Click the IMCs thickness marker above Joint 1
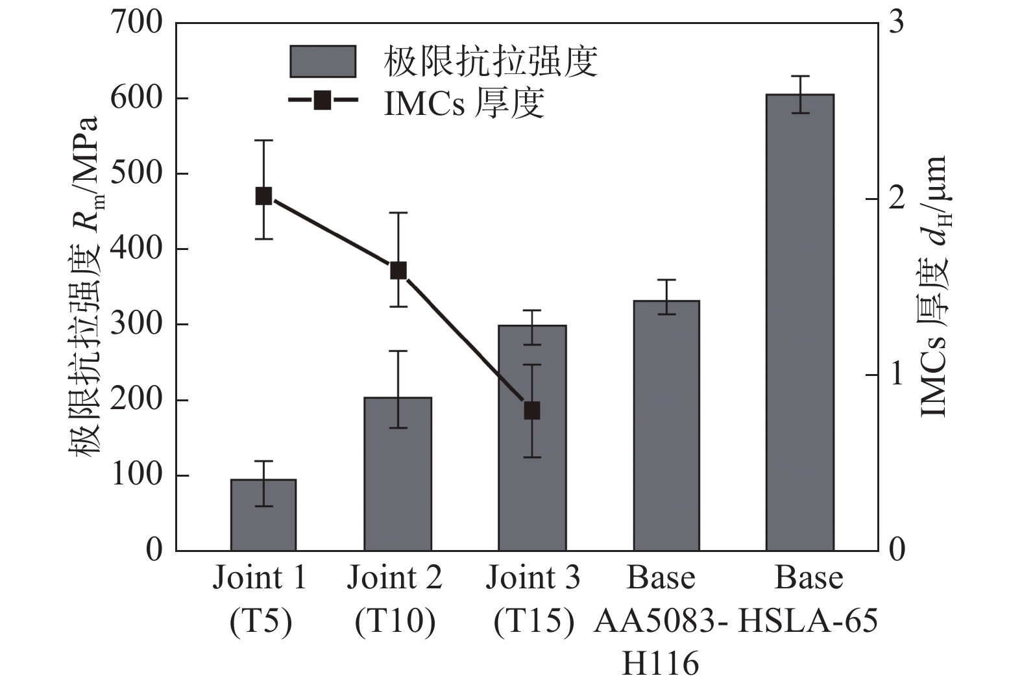tap(263, 195)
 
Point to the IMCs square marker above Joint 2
tap(398, 271)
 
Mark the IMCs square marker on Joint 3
tap(532, 410)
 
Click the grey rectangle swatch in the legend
tap(322, 62)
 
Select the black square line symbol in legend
tap(322, 101)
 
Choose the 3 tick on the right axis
tap(896, 23)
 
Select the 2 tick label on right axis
tap(896, 199)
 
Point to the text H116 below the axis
tap(660, 664)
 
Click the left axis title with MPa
tap(85, 286)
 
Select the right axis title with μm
tap(934, 286)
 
